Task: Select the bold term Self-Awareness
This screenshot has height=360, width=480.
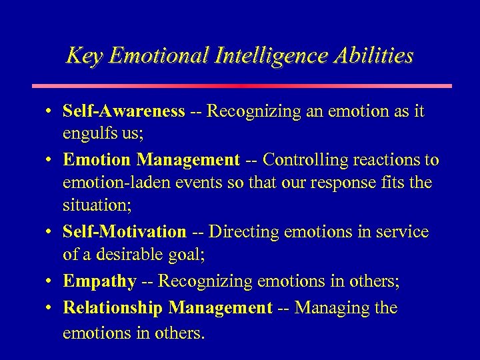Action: point(123,111)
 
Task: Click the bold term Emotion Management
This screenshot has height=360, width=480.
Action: point(151,160)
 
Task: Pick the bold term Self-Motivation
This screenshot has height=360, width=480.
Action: point(124,232)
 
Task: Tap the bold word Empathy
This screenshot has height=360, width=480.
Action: point(99,281)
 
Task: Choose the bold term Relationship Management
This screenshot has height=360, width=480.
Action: point(167,308)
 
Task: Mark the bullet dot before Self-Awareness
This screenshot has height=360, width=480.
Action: point(51,112)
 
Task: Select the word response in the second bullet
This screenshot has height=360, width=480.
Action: point(356,183)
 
